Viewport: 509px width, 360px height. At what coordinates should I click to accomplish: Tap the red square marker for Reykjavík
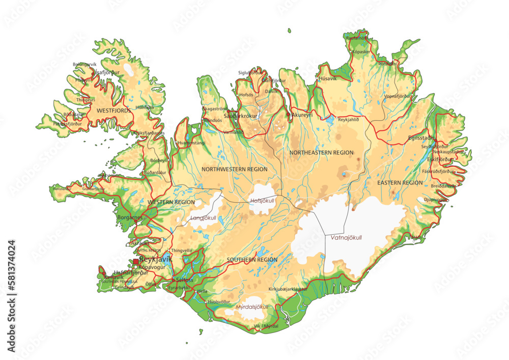[x=136, y=262]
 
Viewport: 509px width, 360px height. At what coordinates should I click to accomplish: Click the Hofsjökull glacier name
[x=262, y=201]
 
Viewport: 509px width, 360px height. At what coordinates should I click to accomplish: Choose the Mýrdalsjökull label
[x=252, y=307]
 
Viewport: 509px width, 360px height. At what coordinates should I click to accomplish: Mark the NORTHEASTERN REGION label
[x=321, y=152]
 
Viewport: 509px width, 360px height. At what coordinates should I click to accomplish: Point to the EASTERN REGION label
[x=400, y=182]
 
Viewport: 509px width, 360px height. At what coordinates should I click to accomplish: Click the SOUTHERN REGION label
[x=252, y=260]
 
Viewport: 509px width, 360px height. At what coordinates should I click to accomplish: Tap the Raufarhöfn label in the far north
[x=357, y=38]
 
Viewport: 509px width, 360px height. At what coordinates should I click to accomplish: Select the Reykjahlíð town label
[x=352, y=120]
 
